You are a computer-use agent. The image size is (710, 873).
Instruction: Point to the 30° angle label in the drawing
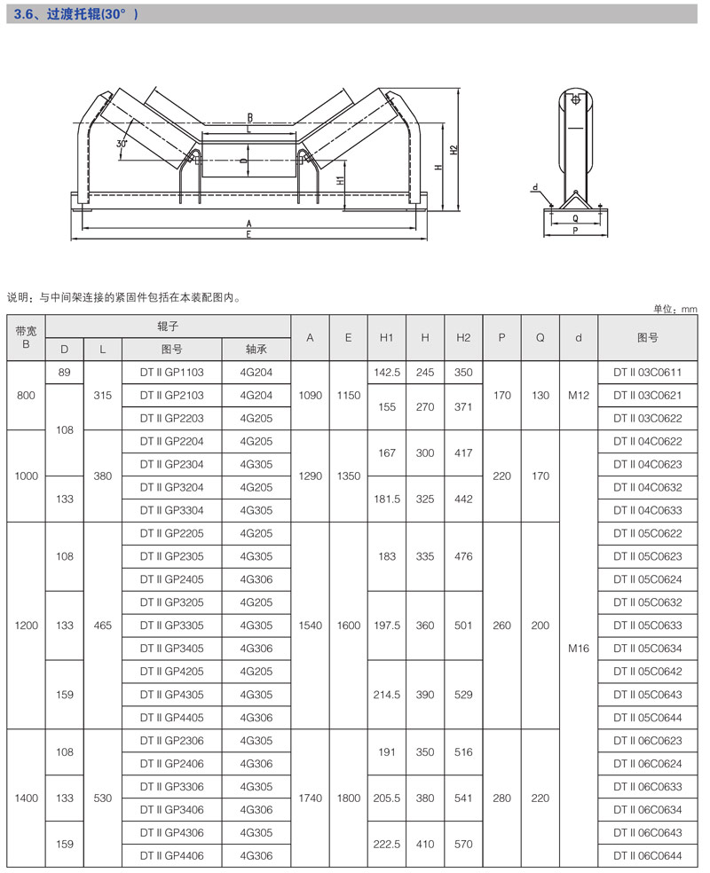point(122,142)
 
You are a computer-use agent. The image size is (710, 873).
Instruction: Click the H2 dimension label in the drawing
point(453,150)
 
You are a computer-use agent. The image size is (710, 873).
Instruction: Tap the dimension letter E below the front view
point(249,234)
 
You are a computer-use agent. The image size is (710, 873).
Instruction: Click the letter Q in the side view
point(575,216)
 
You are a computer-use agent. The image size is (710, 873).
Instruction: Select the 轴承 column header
point(256,350)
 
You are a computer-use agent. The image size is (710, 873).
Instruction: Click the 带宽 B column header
point(26,337)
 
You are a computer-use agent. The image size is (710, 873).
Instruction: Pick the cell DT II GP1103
point(172,373)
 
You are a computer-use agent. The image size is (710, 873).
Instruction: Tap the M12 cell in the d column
point(579,396)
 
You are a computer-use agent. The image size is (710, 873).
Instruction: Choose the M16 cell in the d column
point(579,649)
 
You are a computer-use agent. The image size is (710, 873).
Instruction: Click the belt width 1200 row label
point(27,625)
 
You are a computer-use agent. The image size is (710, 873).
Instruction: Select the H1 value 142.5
point(387,373)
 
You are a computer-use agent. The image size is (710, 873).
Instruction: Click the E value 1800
point(349,798)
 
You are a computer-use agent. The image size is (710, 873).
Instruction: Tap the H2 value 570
point(463,844)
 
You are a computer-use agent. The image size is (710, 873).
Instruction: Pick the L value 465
point(103,625)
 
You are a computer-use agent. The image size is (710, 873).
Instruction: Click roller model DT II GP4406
point(172,855)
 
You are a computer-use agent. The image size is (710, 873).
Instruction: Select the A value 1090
point(311,396)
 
